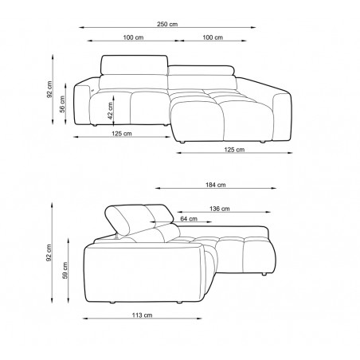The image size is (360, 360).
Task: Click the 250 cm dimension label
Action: tap(167, 24)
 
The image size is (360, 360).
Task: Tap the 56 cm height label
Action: tap(62, 104)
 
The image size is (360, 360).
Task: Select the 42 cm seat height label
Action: tap(110, 111)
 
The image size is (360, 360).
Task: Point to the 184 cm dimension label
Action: tap(216, 185)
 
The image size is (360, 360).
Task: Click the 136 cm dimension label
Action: tap(220, 209)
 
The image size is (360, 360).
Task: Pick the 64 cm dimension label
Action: tap(189, 219)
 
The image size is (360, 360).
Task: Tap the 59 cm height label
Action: tap(65, 271)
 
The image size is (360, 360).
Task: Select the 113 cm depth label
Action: tap(143, 315)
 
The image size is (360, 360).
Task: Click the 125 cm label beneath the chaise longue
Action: tap(234, 150)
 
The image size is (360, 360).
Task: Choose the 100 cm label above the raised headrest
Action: tap(133, 37)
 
